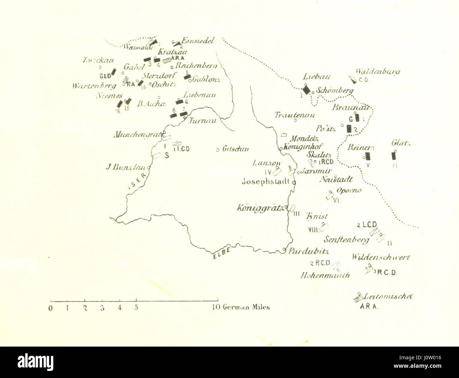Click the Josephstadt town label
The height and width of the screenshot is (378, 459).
pyautogui.click(x=266, y=182)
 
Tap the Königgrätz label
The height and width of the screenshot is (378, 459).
pyautogui.click(x=260, y=208)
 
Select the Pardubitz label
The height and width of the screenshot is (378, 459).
pyautogui.click(x=309, y=251)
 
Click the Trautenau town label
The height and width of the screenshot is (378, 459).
pyautogui.click(x=295, y=115)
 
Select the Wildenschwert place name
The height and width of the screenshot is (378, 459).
pyautogui.click(x=381, y=257)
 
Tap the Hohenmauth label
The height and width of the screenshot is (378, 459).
pyautogui.click(x=325, y=275)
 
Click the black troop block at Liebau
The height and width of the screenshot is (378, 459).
pyautogui.click(x=306, y=90)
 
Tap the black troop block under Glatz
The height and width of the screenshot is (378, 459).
pyautogui.click(x=394, y=156)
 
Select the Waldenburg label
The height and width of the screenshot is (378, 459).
pyautogui.click(x=377, y=72)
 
